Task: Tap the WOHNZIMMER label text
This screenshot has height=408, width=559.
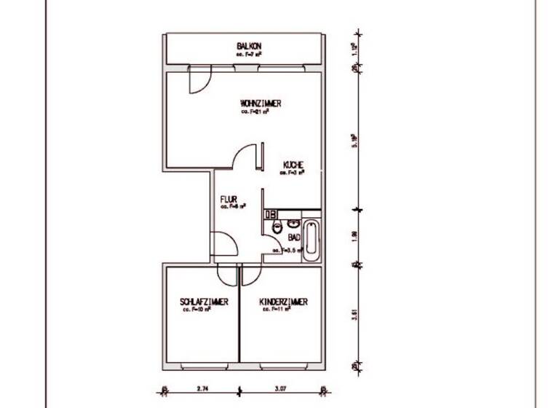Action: tap(260, 103)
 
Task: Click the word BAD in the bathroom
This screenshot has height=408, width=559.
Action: tap(294, 238)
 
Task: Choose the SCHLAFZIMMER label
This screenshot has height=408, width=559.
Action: tap(205, 302)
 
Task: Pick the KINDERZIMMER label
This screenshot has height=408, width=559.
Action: tap(284, 302)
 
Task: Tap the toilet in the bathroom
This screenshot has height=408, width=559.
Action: tap(277, 227)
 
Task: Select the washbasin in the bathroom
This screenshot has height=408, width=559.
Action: tap(294, 221)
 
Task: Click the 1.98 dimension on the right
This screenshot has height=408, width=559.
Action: tap(354, 235)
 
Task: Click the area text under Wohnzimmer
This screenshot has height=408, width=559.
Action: tap(251, 112)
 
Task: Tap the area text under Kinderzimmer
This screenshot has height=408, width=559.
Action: tap(277, 310)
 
